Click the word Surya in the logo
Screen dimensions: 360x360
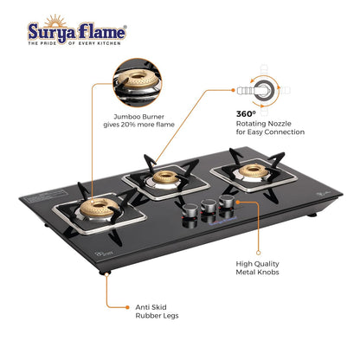click(52, 32)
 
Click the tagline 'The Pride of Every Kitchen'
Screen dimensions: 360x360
click(74, 43)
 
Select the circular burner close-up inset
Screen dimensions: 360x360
click(137, 83)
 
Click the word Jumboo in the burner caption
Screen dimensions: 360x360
click(125, 117)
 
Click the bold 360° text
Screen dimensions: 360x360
click(246, 114)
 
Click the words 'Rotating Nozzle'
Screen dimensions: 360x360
click(264, 124)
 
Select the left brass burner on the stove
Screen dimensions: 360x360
click(99, 208)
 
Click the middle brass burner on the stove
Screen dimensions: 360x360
click(165, 177)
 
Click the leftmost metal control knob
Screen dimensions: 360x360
click(190, 210)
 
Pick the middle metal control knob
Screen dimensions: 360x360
click(209, 205)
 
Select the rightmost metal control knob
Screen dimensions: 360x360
click(226, 201)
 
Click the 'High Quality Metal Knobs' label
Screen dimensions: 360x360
click(257, 268)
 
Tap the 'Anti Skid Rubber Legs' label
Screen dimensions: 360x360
click(157, 312)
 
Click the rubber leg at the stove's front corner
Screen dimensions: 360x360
click(105, 272)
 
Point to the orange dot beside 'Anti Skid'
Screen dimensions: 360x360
click(127, 307)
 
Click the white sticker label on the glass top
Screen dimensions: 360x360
click(46, 197)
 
